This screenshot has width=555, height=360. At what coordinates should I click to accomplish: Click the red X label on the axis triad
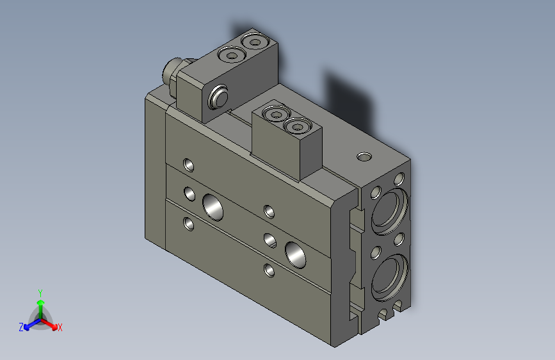tap(60, 328)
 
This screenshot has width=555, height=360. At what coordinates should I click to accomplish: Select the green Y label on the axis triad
tap(40, 292)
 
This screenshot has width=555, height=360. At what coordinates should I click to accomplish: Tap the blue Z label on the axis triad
tap(21, 327)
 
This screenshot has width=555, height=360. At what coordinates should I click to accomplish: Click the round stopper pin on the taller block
tap(218, 97)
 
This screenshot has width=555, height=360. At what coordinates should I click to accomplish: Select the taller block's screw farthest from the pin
tap(256, 42)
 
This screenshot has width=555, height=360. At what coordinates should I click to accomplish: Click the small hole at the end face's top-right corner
tap(400, 178)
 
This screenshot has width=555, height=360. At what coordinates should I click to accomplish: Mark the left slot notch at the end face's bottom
tap(383, 314)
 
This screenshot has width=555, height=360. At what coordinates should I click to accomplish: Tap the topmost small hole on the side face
tap(188, 165)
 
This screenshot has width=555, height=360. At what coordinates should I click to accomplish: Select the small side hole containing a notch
tap(270, 240)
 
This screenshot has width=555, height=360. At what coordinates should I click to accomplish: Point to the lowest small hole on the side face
tap(270, 270)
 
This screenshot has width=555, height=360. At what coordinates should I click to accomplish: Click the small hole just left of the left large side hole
tap(189, 192)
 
